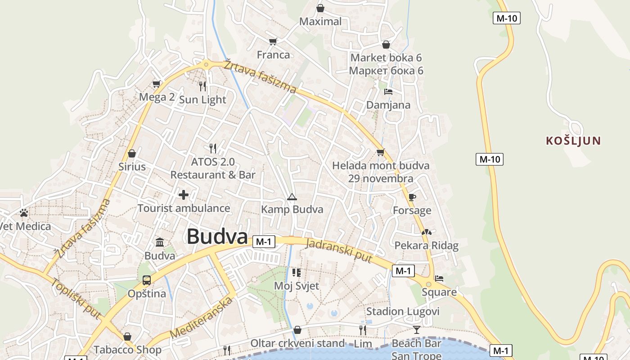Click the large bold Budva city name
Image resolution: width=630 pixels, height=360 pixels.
pos(217,236)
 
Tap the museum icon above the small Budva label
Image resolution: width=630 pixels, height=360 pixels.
pos(160,243)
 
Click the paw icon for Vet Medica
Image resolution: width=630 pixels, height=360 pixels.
pos(24,212)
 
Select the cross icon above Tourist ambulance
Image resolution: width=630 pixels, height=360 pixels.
pos(183,195)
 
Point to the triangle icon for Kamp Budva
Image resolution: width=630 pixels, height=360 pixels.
pos(292,197)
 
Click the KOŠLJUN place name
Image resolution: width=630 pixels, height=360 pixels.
pos(573,141)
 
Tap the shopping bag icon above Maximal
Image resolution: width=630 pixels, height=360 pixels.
pos(320,8)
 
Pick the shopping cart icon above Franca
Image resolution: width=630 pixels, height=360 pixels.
pos(273,42)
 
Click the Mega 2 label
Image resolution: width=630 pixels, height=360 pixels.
pos(157,97)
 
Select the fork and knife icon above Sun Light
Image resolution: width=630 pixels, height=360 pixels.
pos(202,86)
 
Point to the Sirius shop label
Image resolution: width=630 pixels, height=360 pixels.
pos(132,167)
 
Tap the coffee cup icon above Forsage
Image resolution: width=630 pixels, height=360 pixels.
pos(412,197)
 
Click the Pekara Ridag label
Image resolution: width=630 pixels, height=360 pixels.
pos(426,246)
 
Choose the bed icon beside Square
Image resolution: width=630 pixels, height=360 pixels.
pos(439,279)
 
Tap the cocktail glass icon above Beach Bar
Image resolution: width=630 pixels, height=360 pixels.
pos(417,330)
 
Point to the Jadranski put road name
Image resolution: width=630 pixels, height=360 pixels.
pos(339,251)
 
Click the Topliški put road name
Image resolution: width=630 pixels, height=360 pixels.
pos(76,298)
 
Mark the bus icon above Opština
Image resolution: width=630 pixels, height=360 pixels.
pos(147,280)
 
